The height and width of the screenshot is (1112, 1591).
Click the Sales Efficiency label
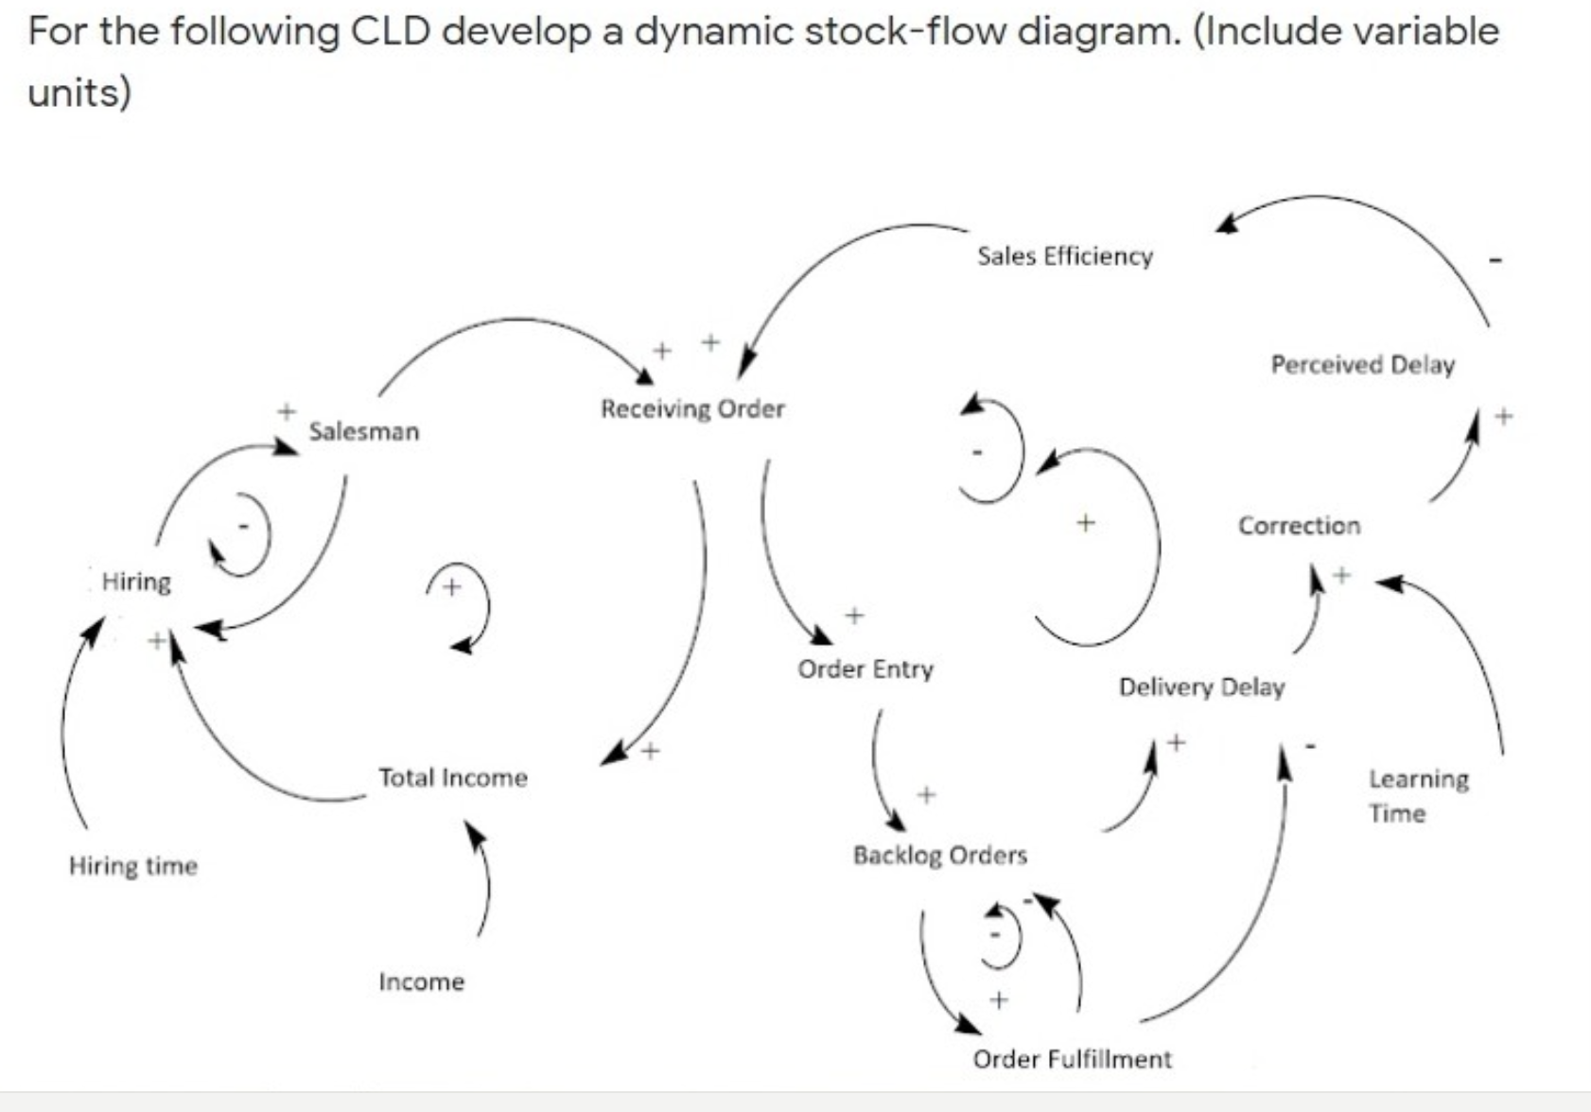coord(1065,256)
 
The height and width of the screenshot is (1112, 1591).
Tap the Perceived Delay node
coord(1362,365)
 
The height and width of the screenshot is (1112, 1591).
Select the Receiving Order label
coord(692,408)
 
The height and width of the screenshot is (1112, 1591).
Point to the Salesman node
coord(364,431)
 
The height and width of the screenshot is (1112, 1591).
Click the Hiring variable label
coord(136,581)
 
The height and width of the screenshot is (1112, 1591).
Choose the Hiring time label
coord(133,866)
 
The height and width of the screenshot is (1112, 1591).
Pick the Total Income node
coord(453,777)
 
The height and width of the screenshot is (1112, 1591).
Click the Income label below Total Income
coord(422,982)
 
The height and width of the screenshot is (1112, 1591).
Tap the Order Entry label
coord(865,669)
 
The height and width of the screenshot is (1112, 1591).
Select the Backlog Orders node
coord(940,855)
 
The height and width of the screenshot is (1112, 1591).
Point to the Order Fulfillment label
coord(1072,1059)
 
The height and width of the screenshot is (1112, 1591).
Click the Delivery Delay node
coord(1201,686)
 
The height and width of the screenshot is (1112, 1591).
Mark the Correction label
coord(1299,526)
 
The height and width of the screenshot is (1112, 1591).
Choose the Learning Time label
coord(1418,795)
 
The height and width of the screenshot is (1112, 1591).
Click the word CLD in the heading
coord(391,31)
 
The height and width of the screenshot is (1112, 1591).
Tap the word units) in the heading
coord(79,93)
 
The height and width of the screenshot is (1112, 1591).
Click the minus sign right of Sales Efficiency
coord(1495,258)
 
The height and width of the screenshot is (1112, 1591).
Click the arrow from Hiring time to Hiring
coord(66,719)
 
